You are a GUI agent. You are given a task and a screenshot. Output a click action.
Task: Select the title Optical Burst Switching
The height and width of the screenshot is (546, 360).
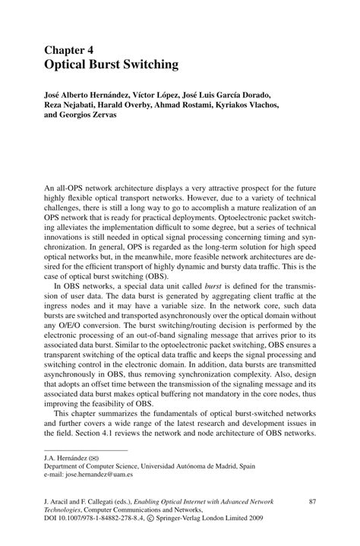coord(112,65)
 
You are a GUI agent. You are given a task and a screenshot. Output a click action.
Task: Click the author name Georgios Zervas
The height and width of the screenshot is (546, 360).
coord(93,119)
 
